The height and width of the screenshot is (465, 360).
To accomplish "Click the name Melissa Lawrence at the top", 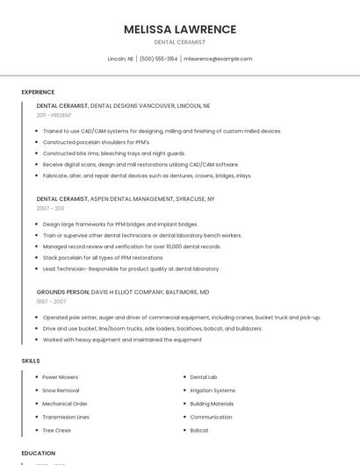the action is click(x=180, y=29).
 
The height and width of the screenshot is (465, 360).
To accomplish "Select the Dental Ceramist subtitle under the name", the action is click(x=180, y=42).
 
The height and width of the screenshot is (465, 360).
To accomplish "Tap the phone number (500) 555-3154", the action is click(x=158, y=59).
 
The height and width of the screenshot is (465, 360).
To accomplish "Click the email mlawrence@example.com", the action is click(x=218, y=59).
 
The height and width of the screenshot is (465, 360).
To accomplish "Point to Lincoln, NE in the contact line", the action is click(x=120, y=59).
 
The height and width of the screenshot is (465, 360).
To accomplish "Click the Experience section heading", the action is click(x=38, y=92).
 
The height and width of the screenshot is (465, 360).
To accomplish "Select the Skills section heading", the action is click(x=31, y=361).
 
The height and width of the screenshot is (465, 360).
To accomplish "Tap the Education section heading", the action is click(x=39, y=454).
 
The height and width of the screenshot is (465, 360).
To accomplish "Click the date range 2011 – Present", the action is click(x=54, y=115).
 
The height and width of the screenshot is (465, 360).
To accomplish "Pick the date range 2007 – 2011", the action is click(x=50, y=209).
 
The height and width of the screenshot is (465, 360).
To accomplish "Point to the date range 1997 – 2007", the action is click(x=51, y=301).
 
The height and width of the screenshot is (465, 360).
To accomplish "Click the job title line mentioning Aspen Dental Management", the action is click(x=126, y=199).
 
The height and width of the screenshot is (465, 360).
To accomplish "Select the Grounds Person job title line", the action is click(x=123, y=291).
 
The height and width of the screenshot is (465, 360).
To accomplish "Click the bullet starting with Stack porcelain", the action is click(x=103, y=258).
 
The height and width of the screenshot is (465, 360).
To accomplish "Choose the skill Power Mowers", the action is click(x=60, y=377).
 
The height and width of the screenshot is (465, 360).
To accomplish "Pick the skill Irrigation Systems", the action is click(x=212, y=390).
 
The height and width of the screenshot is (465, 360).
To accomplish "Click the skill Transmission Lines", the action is click(x=66, y=418).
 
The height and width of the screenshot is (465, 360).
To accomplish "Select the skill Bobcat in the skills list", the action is click(x=199, y=431).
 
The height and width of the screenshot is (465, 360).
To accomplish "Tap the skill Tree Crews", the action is click(x=57, y=431).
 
